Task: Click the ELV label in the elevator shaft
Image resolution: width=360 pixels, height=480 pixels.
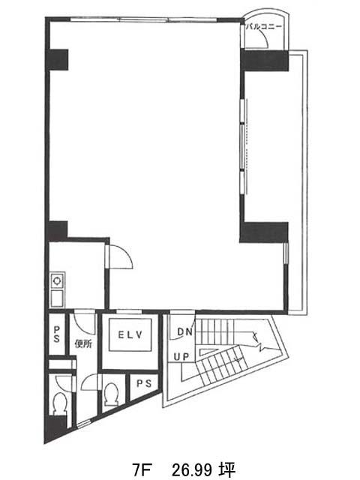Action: pyautogui.click(x=130, y=334)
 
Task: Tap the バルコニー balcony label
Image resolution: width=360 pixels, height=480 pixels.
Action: pyautogui.click(x=264, y=27)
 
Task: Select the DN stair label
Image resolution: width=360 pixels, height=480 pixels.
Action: pyautogui.click(x=185, y=331)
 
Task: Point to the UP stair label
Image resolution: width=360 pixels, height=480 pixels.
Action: pyautogui.click(x=181, y=357)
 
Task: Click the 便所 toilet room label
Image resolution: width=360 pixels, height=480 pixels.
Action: pyautogui.click(x=83, y=343)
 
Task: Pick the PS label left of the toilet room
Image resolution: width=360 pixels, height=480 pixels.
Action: pyautogui.click(x=57, y=334)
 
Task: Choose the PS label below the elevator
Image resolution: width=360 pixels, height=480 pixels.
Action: pyautogui.click(x=144, y=383)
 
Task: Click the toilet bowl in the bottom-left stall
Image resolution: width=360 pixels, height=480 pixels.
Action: pyautogui.click(x=60, y=403)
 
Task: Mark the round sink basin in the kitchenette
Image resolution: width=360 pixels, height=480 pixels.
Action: pyautogui.click(x=57, y=280)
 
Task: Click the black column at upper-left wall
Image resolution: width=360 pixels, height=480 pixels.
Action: pyautogui.click(x=57, y=60)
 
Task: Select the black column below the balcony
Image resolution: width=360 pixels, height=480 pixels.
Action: pyautogui.click(x=265, y=61)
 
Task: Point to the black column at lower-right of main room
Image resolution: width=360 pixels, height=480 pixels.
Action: pyautogui.click(x=264, y=232)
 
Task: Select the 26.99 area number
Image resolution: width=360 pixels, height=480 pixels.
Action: pyautogui.click(x=193, y=470)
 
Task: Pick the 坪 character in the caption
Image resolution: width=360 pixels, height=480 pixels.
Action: pyautogui.click(x=226, y=470)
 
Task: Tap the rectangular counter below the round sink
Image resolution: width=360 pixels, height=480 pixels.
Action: pyautogui.click(x=57, y=298)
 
